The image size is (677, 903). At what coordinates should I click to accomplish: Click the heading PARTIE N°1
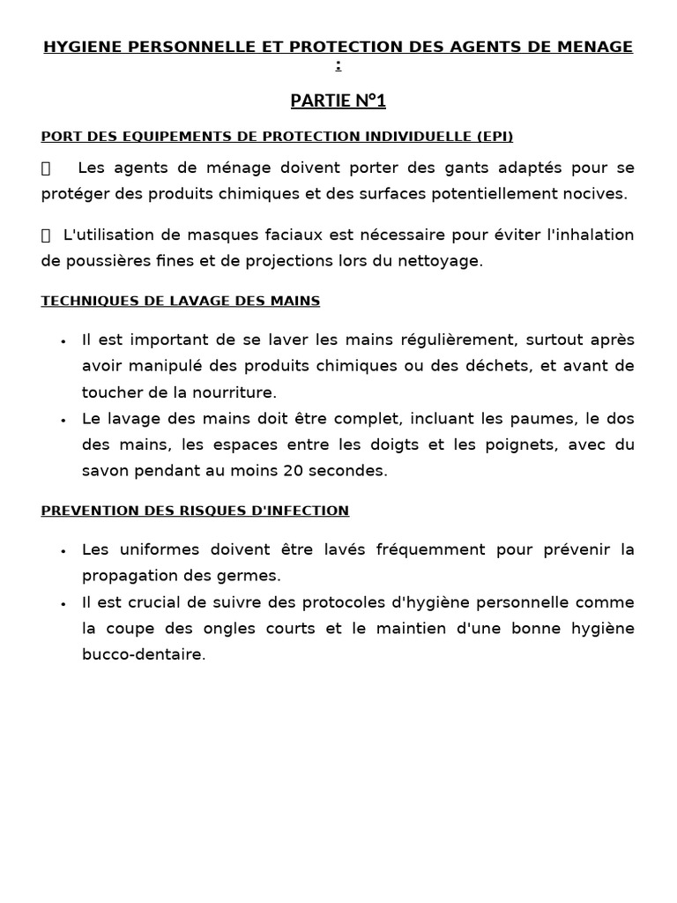click(x=338, y=101)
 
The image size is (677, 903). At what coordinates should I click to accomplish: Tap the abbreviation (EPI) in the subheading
click(x=495, y=136)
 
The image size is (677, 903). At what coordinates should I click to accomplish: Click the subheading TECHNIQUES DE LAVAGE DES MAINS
click(x=180, y=301)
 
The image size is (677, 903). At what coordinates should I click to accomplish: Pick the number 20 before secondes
click(x=292, y=471)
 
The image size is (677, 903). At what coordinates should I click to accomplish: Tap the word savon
click(x=105, y=471)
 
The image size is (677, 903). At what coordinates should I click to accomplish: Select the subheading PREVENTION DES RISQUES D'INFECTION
click(x=195, y=511)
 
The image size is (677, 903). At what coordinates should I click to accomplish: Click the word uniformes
click(x=155, y=549)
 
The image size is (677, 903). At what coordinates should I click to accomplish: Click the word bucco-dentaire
click(x=143, y=655)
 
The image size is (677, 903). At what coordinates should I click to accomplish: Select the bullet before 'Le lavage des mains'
click(x=63, y=420)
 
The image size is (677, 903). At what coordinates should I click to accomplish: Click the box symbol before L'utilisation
click(x=47, y=235)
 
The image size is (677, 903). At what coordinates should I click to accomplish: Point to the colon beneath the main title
click(x=338, y=65)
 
